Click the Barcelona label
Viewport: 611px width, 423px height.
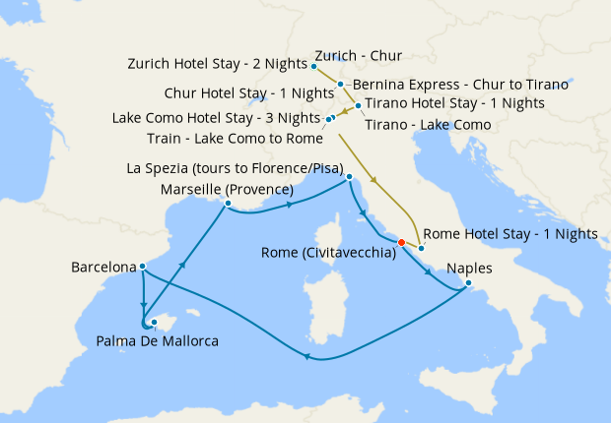[x=103, y=267]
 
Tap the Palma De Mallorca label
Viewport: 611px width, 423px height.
[x=157, y=340]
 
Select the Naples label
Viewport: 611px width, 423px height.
[x=467, y=267]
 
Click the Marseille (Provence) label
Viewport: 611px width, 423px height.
[x=227, y=189]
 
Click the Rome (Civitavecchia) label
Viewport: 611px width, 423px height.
[x=328, y=253]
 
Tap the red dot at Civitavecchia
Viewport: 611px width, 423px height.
[x=401, y=242]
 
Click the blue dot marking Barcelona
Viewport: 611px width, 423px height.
[x=143, y=266]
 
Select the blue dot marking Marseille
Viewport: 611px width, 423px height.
[x=228, y=205]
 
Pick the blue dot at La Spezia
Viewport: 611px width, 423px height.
[x=349, y=177]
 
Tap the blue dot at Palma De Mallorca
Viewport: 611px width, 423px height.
[x=154, y=323]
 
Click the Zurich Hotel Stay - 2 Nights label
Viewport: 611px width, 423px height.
[x=217, y=64]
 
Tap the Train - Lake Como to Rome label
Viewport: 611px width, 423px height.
[x=234, y=137]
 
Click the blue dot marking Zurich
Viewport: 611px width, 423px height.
[x=313, y=66]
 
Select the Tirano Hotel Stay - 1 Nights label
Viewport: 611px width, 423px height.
[x=454, y=102]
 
